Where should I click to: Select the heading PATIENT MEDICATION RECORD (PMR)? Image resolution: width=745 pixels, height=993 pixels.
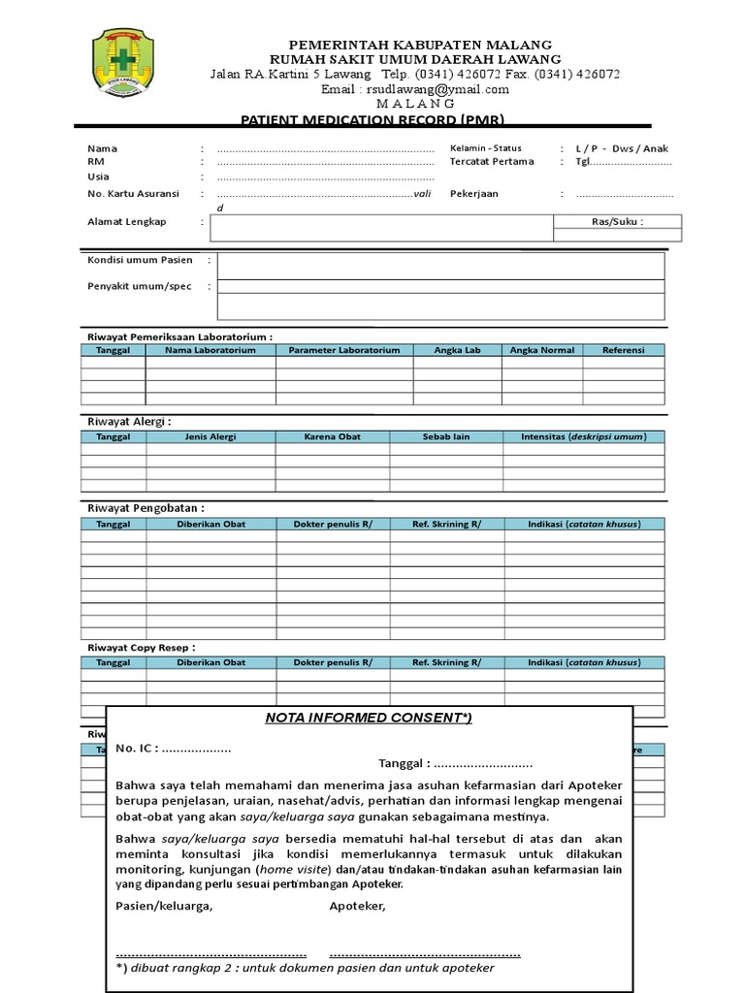(x=372, y=120)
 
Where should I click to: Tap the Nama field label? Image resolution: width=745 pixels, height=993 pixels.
(x=102, y=148)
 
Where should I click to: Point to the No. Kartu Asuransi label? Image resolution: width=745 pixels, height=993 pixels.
(x=133, y=194)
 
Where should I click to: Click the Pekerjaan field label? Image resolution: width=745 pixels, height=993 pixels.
(x=473, y=194)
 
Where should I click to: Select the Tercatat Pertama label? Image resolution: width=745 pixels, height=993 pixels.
(x=492, y=162)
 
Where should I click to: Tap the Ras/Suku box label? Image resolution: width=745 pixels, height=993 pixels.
(x=617, y=221)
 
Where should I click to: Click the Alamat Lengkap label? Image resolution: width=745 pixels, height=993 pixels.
(x=127, y=222)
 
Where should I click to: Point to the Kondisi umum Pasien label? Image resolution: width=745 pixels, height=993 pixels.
(x=140, y=260)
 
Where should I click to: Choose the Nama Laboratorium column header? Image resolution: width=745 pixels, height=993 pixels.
(x=211, y=350)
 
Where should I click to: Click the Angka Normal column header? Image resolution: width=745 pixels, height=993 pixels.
(x=542, y=350)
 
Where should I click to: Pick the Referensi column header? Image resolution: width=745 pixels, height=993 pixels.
(x=623, y=350)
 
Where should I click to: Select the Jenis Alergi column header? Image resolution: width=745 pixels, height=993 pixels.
(x=211, y=436)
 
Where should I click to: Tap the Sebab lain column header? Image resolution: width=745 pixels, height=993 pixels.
(x=446, y=436)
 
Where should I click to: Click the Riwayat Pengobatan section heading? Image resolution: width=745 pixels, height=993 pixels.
(x=146, y=507)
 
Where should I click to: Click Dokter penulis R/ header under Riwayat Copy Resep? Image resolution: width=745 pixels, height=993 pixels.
(x=333, y=662)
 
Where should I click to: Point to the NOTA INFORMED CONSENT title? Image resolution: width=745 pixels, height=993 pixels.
(x=369, y=718)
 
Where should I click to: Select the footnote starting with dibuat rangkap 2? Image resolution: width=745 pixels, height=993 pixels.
(x=305, y=968)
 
